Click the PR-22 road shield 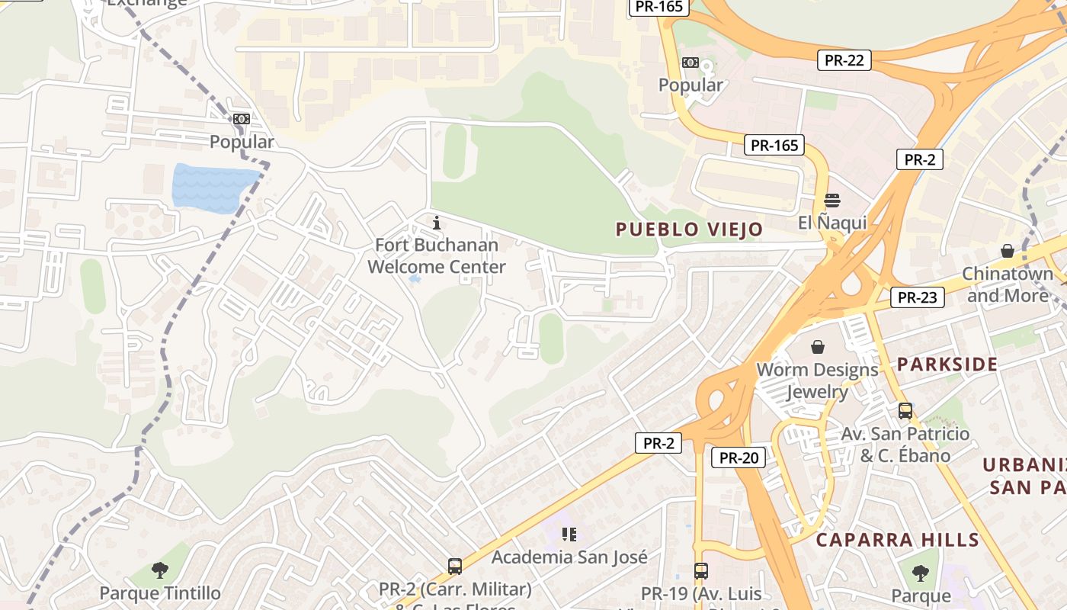pos(844,60)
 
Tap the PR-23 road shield pos(917,297)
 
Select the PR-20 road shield pos(739,457)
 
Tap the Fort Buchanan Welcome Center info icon pos(437,223)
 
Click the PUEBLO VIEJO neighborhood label pos(689,230)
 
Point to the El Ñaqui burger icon pos(832,201)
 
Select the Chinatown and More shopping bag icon pos(1008,251)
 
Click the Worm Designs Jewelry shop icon pos(818,348)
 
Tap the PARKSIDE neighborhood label pos(947,364)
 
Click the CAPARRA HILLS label pos(897,540)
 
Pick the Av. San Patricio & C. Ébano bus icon pos(905,411)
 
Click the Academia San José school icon pos(569,535)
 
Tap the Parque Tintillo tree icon pos(160,570)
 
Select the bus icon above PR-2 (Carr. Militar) pos(455,567)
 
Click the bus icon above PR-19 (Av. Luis pos(701,570)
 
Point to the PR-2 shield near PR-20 pos(658,443)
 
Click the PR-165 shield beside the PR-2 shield pos(774,145)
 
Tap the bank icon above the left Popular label pos(242,119)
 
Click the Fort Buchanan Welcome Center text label pos(437,256)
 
